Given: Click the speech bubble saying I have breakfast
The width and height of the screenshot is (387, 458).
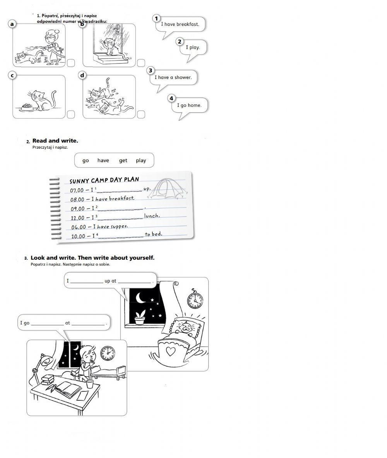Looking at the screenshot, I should pyautogui.click(x=180, y=24).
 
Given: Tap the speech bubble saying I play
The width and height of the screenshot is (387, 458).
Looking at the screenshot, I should pyautogui.click(x=193, y=48).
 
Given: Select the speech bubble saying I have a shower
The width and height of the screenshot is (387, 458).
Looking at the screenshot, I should pyautogui.click(x=173, y=77).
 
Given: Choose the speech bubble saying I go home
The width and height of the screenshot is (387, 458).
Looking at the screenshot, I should pyautogui.click(x=189, y=105).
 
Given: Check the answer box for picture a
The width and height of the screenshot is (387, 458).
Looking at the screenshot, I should pyautogui.click(x=71, y=63).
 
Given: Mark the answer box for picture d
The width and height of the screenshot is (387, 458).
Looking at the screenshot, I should pyautogui.click(x=141, y=114).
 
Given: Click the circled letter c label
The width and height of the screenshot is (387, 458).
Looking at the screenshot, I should pyautogui.click(x=12, y=75).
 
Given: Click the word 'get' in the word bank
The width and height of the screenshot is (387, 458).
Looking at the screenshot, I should pyautogui.click(x=123, y=160).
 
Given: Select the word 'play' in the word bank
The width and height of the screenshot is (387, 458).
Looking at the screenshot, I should pyautogui.click(x=141, y=160).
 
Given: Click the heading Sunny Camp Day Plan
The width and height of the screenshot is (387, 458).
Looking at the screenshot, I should pyautogui.click(x=104, y=180).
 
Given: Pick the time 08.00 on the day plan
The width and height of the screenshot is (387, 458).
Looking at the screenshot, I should pyautogui.click(x=77, y=199).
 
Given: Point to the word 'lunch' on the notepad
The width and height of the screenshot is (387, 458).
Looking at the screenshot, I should pyautogui.click(x=152, y=216).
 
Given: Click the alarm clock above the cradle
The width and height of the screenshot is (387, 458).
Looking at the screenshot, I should pyautogui.click(x=195, y=299).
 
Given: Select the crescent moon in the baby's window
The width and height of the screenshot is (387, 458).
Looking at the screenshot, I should pyautogui.click(x=140, y=297).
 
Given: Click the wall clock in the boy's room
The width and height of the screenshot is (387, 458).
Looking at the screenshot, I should pyautogui.click(x=108, y=353).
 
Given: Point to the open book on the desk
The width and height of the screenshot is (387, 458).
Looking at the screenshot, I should pyautogui.click(x=68, y=389).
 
